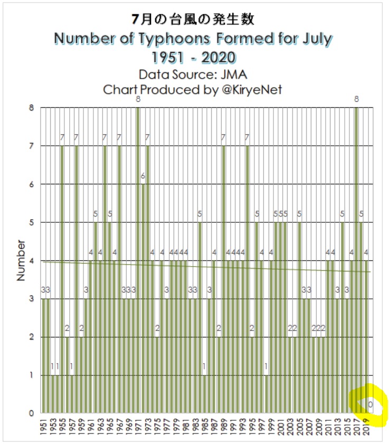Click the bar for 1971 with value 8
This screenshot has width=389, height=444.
point(138,260)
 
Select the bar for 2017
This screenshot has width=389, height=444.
point(356,260)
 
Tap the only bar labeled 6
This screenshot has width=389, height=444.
point(143,298)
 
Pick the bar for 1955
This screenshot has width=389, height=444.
point(62,279)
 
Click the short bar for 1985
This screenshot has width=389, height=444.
point(204,394)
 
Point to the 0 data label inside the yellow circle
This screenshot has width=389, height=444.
point(371,404)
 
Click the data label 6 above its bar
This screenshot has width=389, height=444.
point(143,176)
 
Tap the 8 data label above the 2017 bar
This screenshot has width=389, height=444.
point(356,99)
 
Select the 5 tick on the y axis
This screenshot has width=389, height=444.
point(32,223)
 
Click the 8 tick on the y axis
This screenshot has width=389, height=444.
point(32,108)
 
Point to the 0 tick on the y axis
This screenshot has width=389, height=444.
point(32,413)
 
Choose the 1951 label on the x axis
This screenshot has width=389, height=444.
point(44,427)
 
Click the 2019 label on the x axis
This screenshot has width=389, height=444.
point(366,427)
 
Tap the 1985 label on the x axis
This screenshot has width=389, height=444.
point(205,427)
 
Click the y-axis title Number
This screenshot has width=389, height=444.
point(21,260)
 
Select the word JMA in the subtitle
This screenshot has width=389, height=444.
point(234,75)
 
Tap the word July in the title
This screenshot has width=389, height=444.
point(318,39)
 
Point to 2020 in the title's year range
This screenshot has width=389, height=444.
point(219,58)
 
